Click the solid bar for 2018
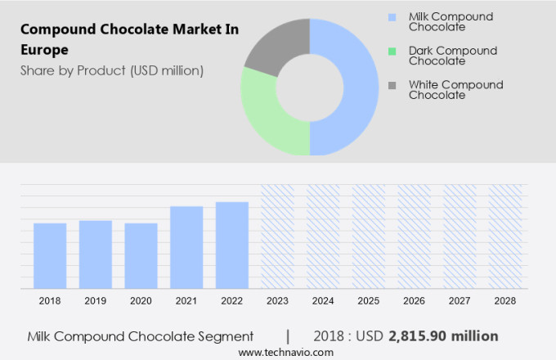pos(50,255)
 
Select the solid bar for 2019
pos(96,254)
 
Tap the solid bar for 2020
pos(141,255)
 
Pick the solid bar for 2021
pos(186,246)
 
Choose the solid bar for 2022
pos(232,245)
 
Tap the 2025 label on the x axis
pos(369,301)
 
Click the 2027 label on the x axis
pos(460,301)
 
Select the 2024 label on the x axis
pos(323,301)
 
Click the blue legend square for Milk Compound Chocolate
pos(392,17)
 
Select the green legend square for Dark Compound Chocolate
pos(392,51)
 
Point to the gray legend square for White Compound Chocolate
pos(392,85)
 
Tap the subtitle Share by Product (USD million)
pos(112,70)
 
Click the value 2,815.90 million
pos(443,336)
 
